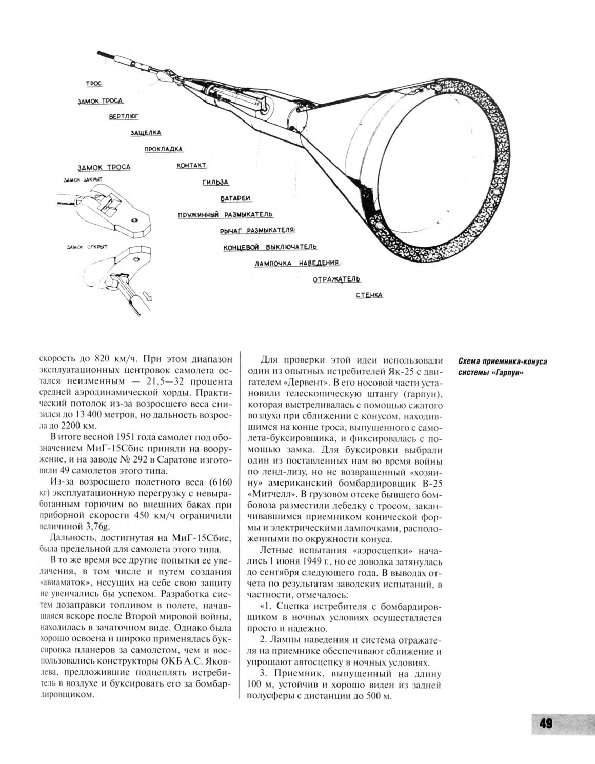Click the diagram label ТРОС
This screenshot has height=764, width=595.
pyautogui.click(x=94, y=84)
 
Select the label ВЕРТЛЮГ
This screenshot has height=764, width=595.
pyautogui.click(x=124, y=117)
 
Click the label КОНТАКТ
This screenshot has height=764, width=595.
pyautogui.click(x=191, y=165)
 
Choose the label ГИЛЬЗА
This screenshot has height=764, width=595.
pyautogui.click(x=215, y=182)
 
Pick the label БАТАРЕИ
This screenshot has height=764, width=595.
pyautogui.click(x=236, y=198)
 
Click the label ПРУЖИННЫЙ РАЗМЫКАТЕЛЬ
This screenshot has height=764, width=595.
pyautogui.click(x=225, y=215)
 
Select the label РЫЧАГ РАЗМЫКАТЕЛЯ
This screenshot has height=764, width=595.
pyautogui.click(x=257, y=231)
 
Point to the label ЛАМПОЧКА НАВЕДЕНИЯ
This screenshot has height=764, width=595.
pyautogui.click(x=297, y=263)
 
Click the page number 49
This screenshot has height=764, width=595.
pyautogui.click(x=546, y=724)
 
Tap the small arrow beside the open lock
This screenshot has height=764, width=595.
pyautogui.click(x=148, y=298)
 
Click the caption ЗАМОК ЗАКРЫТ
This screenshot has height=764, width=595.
pyautogui.click(x=83, y=180)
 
